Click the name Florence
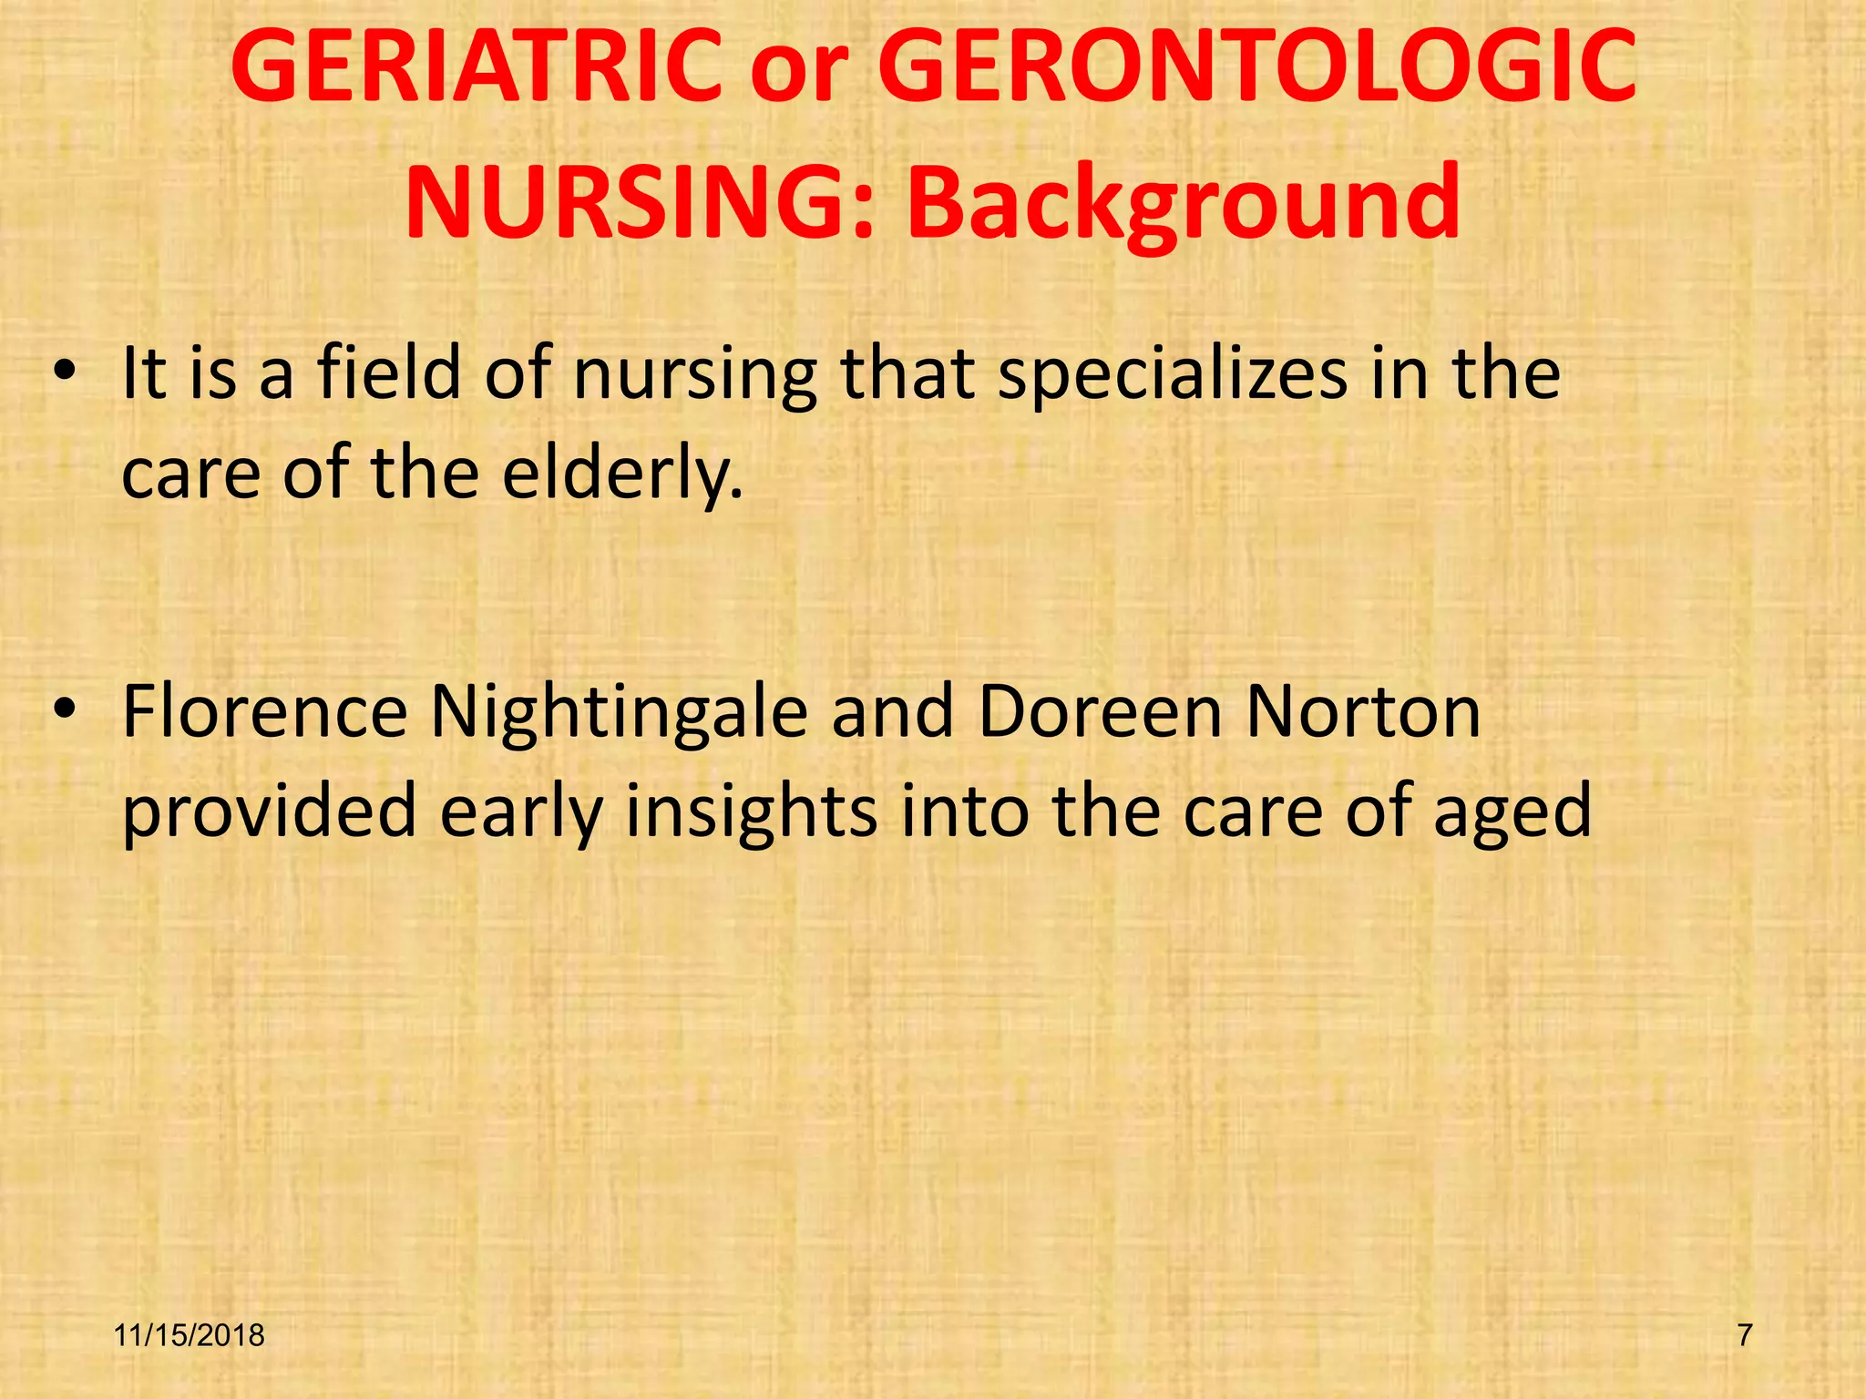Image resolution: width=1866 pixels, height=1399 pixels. pos(265,711)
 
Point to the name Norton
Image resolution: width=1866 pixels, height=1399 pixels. pos(1363,711)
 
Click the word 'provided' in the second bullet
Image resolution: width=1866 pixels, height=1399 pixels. pos(270,812)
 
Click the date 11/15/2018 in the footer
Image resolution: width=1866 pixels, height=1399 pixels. pos(190,1335)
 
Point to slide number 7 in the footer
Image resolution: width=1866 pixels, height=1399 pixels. pos(1745,1335)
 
